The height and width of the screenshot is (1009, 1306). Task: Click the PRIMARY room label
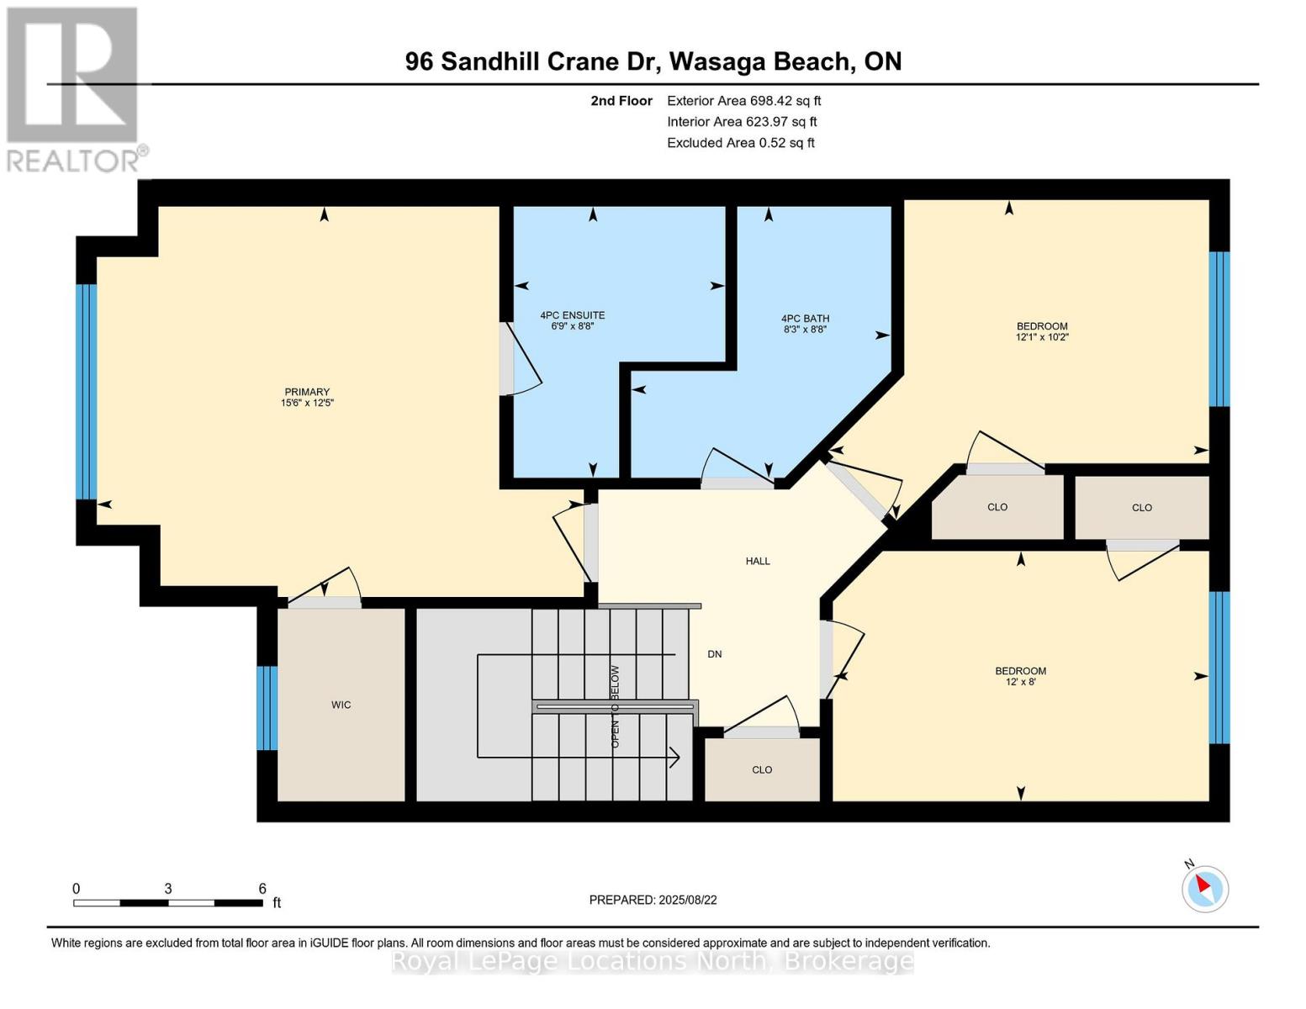tap(307, 392)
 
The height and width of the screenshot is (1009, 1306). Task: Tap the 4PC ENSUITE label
tap(572, 315)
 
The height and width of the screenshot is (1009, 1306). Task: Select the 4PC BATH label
tap(805, 319)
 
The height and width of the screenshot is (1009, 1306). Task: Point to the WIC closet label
tap(341, 705)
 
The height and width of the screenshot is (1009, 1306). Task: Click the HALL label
tap(757, 561)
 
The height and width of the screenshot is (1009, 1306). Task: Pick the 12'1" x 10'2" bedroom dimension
tap(1042, 337)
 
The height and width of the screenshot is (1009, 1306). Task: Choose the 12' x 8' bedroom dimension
tap(1020, 682)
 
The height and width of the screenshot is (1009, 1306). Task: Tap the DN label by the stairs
tap(714, 654)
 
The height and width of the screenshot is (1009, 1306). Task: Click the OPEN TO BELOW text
tap(615, 706)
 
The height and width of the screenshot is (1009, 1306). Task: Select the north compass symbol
tap(1204, 888)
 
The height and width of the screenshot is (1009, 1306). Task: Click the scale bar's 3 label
tap(168, 889)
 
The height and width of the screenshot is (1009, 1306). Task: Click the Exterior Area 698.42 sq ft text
tap(743, 101)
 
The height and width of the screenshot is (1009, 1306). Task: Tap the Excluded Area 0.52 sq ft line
tap(740, 143)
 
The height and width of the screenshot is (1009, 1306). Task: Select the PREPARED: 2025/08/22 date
tap(653, 900)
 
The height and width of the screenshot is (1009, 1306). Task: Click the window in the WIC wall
tap(267, 707)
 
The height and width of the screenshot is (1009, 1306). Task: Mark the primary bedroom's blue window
tap(86, 391)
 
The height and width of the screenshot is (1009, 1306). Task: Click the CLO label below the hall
tap(762, 769)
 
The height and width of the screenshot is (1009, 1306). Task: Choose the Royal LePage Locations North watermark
tap(653, 960)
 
